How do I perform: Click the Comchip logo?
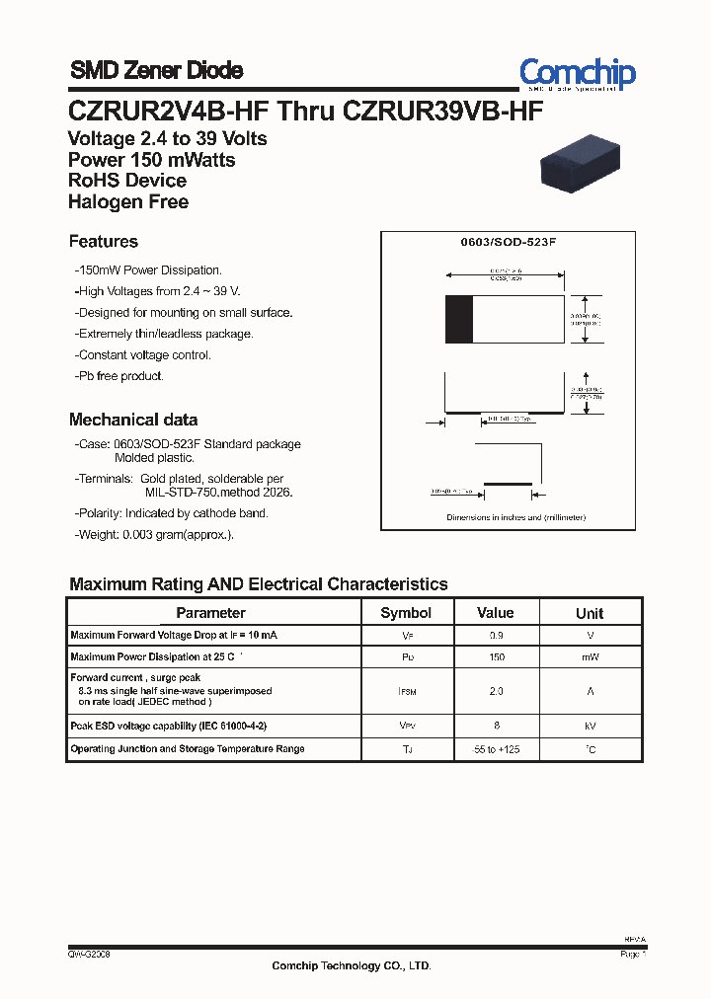click(x=578, y=73)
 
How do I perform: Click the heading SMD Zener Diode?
click(x=156, y=70)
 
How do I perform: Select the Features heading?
click(x=103, y=242)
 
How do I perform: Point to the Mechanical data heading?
click(x=132, y=420)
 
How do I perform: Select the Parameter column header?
click(x=210, y=613)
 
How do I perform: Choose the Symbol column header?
click(x=406, y=613)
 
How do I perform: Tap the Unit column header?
click(x=590, y=613)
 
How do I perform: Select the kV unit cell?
click(x=590, y=726)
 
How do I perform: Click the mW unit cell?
click(x=590, y=657)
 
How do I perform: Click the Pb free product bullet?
click(x=119, y=376)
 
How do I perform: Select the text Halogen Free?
click(x=127, y=202)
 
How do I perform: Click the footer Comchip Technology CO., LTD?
click(x=352, y=966)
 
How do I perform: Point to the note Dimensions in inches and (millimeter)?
click(x=515, y=517)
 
